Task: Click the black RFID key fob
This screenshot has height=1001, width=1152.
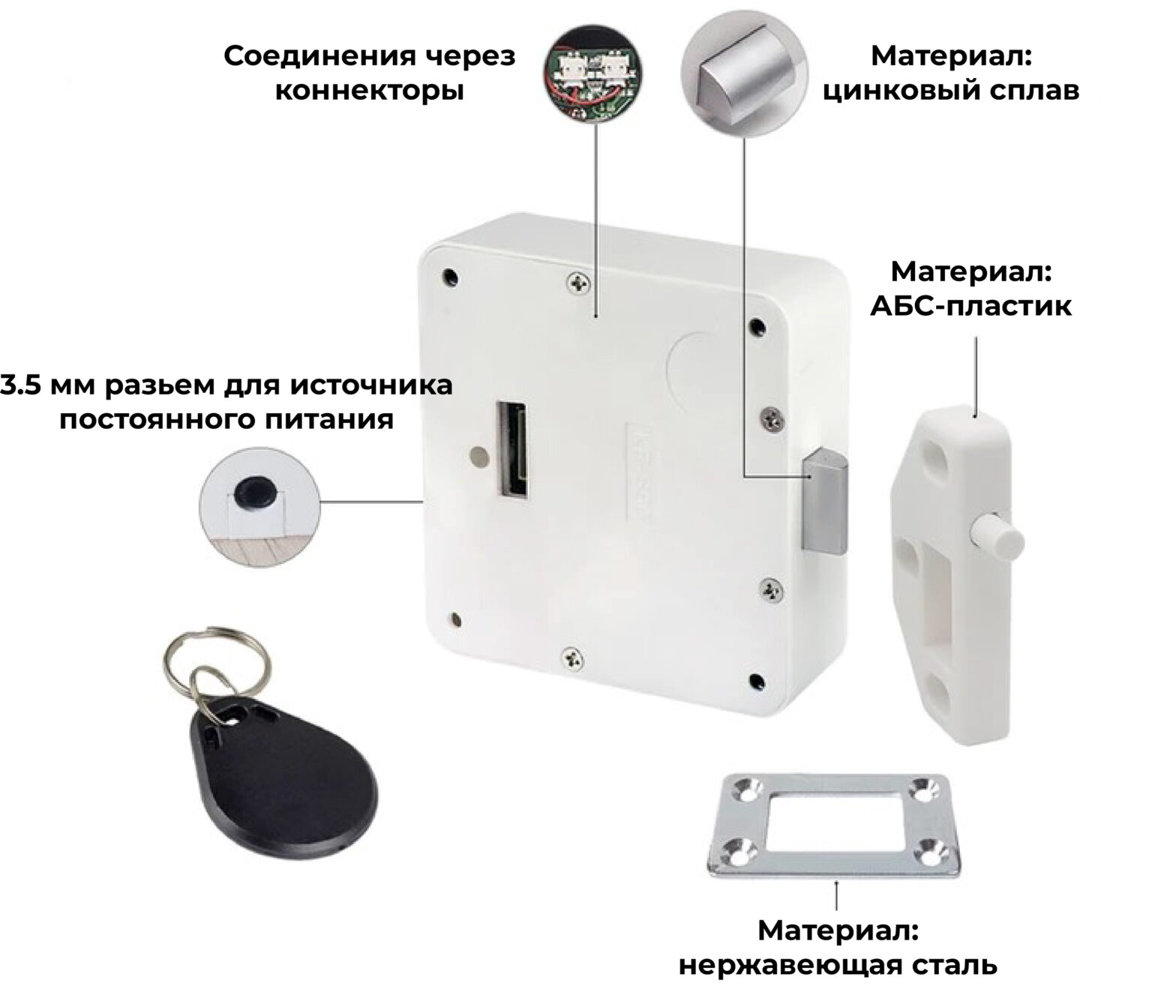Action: pyautogui.click(x=280, y=782)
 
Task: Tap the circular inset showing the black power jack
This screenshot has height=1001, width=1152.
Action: pyautogui.click(x=259, y=506)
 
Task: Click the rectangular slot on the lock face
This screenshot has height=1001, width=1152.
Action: pyautogui.click(x=511, y=450)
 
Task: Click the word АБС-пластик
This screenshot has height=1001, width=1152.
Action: pyautogui.click(x=971, y=307)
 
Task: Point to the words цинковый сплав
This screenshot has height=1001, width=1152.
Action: pyautogui.click(x=951, y=91)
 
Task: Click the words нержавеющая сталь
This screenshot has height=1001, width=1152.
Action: pyautogui.click(x=838, y=966)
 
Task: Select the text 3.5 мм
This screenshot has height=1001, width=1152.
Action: pyautogui.click(x=48, y=385)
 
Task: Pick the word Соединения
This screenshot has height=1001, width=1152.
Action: pyautogui.click(x=322, y=55)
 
